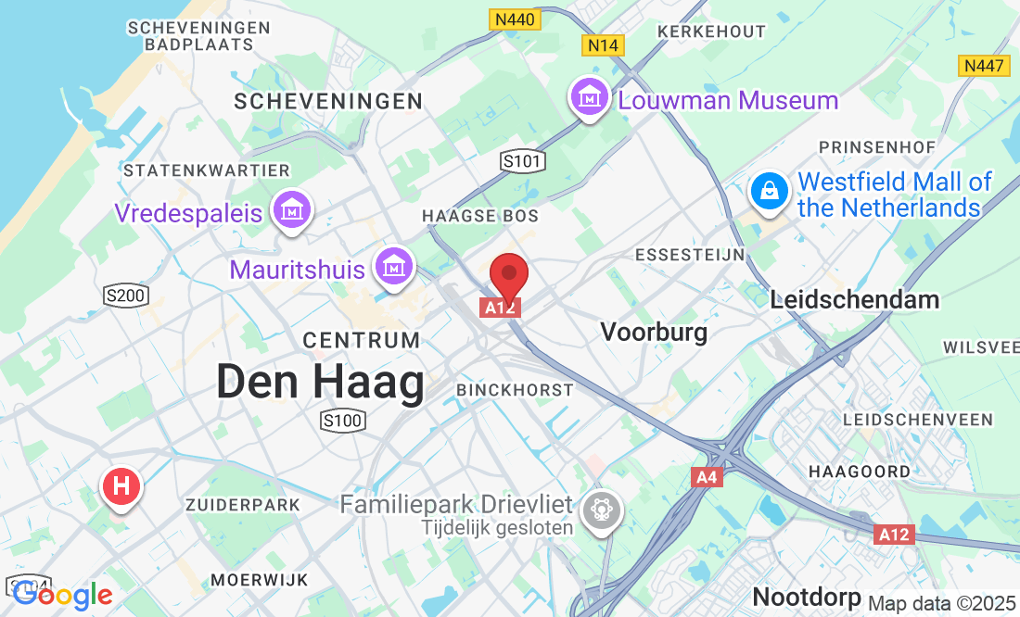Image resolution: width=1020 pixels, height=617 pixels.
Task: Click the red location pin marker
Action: point(508,275)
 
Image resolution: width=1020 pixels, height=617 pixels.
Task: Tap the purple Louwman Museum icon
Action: point(589,97)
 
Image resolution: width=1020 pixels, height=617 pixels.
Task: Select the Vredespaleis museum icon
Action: point(292,209)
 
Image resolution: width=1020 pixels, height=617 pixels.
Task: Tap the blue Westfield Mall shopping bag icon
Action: point(770,192)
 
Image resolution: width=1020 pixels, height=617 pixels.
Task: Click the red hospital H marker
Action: point(121,485)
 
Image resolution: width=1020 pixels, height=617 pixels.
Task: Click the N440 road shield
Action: point(514,19)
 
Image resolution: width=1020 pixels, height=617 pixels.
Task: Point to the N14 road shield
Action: point(604,44)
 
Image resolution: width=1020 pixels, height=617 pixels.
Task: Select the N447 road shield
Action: point(984,66)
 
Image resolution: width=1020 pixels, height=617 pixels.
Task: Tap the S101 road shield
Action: point(522,161)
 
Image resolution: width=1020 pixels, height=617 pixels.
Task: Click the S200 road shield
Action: point(126,296)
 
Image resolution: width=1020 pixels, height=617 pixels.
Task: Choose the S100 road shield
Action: point(342,422)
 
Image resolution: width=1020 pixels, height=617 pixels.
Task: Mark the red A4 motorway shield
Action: point(707,476)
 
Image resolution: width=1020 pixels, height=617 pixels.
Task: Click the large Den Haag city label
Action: point(320,383)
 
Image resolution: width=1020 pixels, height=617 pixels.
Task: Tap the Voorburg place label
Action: point(654,332)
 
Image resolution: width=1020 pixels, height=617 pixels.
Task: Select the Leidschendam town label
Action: point(855,299)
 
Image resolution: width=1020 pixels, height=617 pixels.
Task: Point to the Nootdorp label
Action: point(806,595)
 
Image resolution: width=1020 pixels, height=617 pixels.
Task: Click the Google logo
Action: point(63,596)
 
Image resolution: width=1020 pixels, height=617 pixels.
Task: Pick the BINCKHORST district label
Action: point(515,390)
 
